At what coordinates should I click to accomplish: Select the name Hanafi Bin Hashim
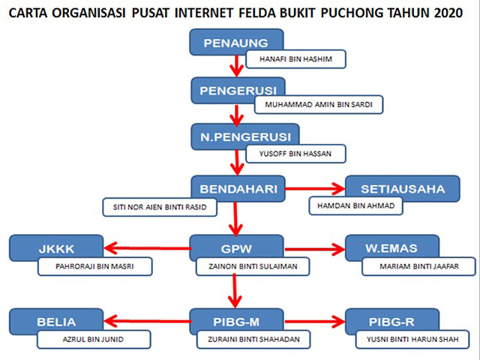pyautogui.click(x=296, y=59)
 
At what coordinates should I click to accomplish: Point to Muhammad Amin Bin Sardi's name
pyautogui.click(x=319, y=106)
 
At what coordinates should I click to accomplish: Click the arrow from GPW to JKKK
pyautogui.click(x=146, y=248)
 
